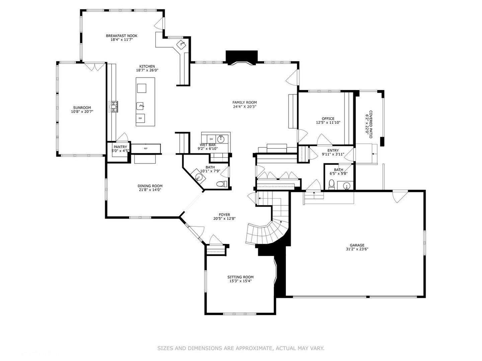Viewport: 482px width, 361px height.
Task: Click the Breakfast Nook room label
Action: click(122, 36)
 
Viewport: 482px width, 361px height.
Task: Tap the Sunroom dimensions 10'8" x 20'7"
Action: click(82, 112)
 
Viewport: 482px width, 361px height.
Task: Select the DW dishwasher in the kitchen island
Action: click(141, 118)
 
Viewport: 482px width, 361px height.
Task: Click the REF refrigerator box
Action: click(146, 148)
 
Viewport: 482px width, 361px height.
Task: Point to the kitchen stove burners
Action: click(113, 107)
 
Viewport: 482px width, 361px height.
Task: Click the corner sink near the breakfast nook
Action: click(181, 44)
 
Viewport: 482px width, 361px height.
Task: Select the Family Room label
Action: click(244, 103)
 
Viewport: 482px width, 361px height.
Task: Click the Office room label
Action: click(328, 119)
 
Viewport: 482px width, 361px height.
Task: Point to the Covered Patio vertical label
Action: click(371, 124)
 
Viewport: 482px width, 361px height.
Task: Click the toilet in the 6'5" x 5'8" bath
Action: click(332, 184)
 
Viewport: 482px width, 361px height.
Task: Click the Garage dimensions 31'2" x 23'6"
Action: click(357, 249)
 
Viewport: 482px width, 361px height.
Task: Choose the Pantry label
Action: click(120, 147)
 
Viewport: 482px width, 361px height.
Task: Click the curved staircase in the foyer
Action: click(266, 232)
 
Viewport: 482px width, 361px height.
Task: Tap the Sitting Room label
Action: click(240, 277)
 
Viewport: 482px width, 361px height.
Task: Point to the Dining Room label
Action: click(150, 186)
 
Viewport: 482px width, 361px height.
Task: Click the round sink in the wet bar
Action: click(221, 139)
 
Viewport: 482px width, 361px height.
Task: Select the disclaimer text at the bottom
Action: click(241, 348)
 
